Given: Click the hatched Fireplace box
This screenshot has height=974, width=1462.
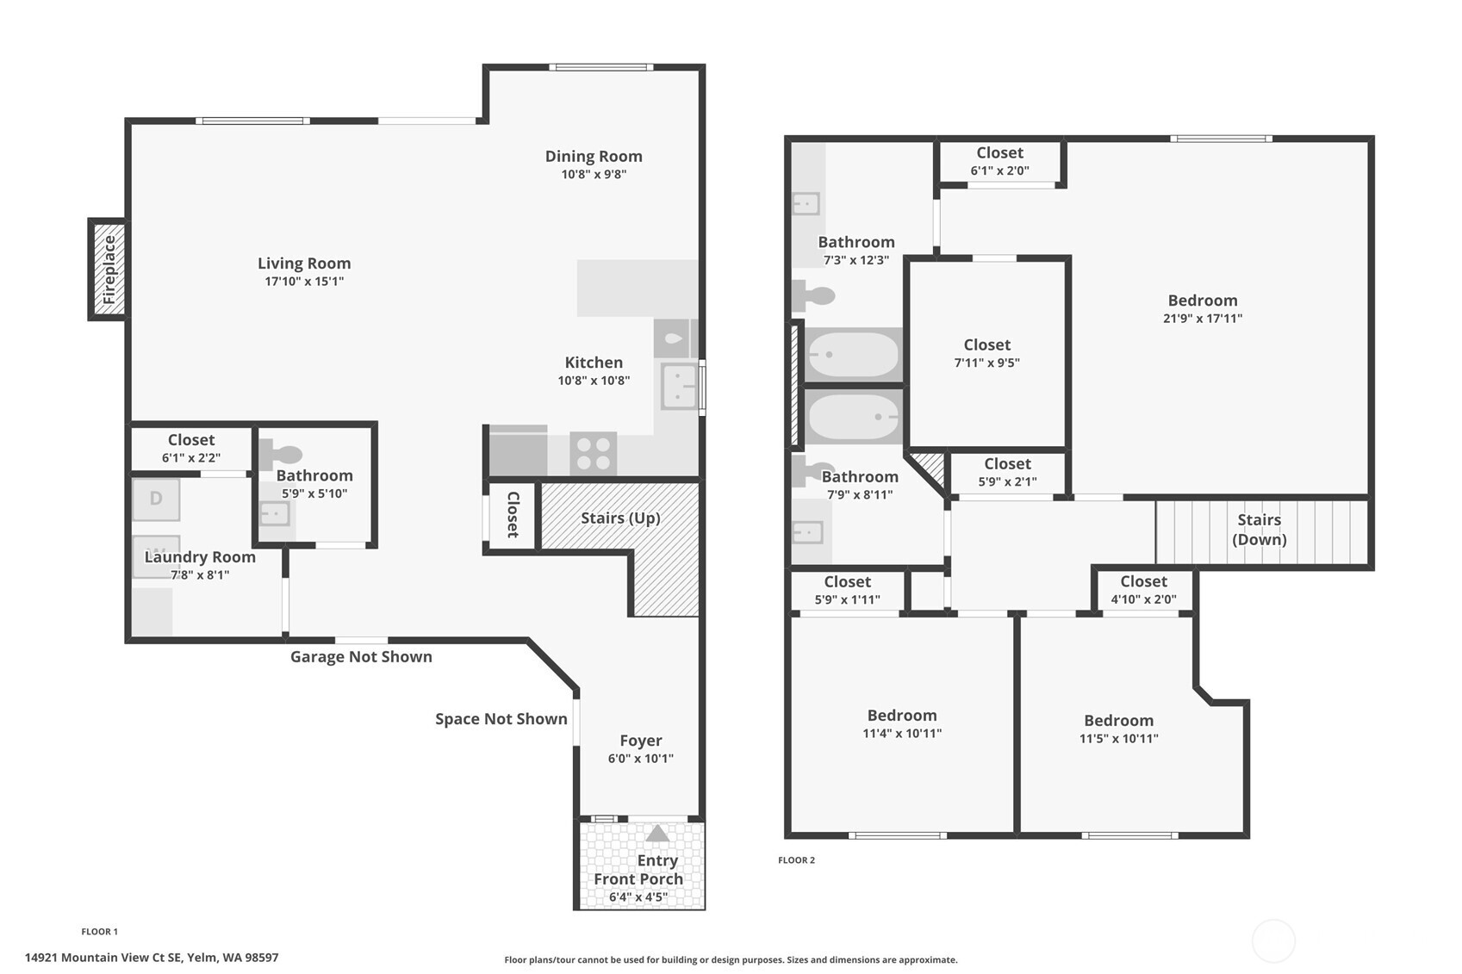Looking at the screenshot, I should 109,270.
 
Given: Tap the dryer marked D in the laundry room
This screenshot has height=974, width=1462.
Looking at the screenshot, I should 156,499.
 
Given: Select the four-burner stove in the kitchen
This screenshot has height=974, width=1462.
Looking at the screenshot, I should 593,453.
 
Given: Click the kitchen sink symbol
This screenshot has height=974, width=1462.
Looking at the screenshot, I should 679,386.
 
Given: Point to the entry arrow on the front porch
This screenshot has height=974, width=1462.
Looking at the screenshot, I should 657,834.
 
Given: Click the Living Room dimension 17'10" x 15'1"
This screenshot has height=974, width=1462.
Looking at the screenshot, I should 304,282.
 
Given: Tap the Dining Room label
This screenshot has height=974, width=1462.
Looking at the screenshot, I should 594,156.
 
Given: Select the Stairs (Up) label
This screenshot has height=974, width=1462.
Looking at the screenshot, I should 620,518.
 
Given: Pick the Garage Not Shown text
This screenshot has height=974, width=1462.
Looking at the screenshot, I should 361,657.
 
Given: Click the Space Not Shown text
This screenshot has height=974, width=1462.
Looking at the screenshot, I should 501,719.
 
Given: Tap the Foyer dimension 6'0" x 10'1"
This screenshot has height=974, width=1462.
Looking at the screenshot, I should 640,759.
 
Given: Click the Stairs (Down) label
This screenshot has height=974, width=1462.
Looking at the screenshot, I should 1259,530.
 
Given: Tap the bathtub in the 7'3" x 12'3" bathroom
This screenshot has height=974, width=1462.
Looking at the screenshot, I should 852,354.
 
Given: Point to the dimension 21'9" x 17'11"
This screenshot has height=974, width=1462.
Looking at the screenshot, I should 1202,319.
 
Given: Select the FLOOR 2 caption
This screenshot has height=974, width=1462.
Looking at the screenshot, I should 796,860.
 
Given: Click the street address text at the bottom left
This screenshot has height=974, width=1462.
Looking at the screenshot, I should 152,958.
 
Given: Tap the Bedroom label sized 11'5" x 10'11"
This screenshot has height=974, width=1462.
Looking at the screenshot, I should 1118,720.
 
